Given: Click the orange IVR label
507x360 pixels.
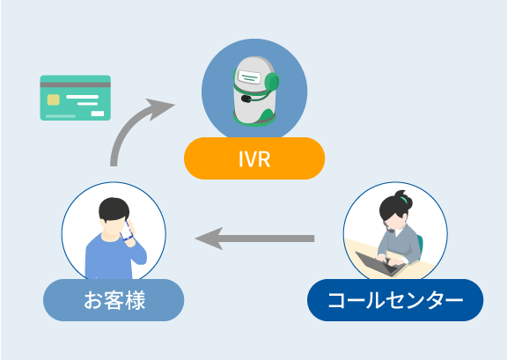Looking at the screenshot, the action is point(254,158).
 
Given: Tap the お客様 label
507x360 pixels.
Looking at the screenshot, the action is point(114,300).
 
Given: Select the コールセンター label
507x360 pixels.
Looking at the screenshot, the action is point(395,300).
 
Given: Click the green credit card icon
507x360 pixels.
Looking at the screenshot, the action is point(76,98).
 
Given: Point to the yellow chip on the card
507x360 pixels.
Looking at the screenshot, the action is point(54,99).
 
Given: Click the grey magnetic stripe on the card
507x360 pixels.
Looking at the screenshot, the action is point(76,84).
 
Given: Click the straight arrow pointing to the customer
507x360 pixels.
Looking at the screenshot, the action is point(254,239).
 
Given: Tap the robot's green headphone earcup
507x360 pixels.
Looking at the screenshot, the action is point(271,82).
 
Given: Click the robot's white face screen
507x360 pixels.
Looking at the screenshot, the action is point(249,77).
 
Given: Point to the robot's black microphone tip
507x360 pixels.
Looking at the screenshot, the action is point(246,99).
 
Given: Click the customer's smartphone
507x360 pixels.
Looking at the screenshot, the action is point(127,231).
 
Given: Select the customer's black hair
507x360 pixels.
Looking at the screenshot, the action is point(114,209).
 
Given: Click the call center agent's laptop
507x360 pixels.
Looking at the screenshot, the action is point(379,263).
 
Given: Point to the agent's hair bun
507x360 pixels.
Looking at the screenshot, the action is point(405,199).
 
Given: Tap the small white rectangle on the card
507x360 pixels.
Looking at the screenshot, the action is point(98,114).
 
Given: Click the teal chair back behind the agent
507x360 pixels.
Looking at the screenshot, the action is point(420,246).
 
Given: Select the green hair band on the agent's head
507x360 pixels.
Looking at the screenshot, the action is point(403,199).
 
